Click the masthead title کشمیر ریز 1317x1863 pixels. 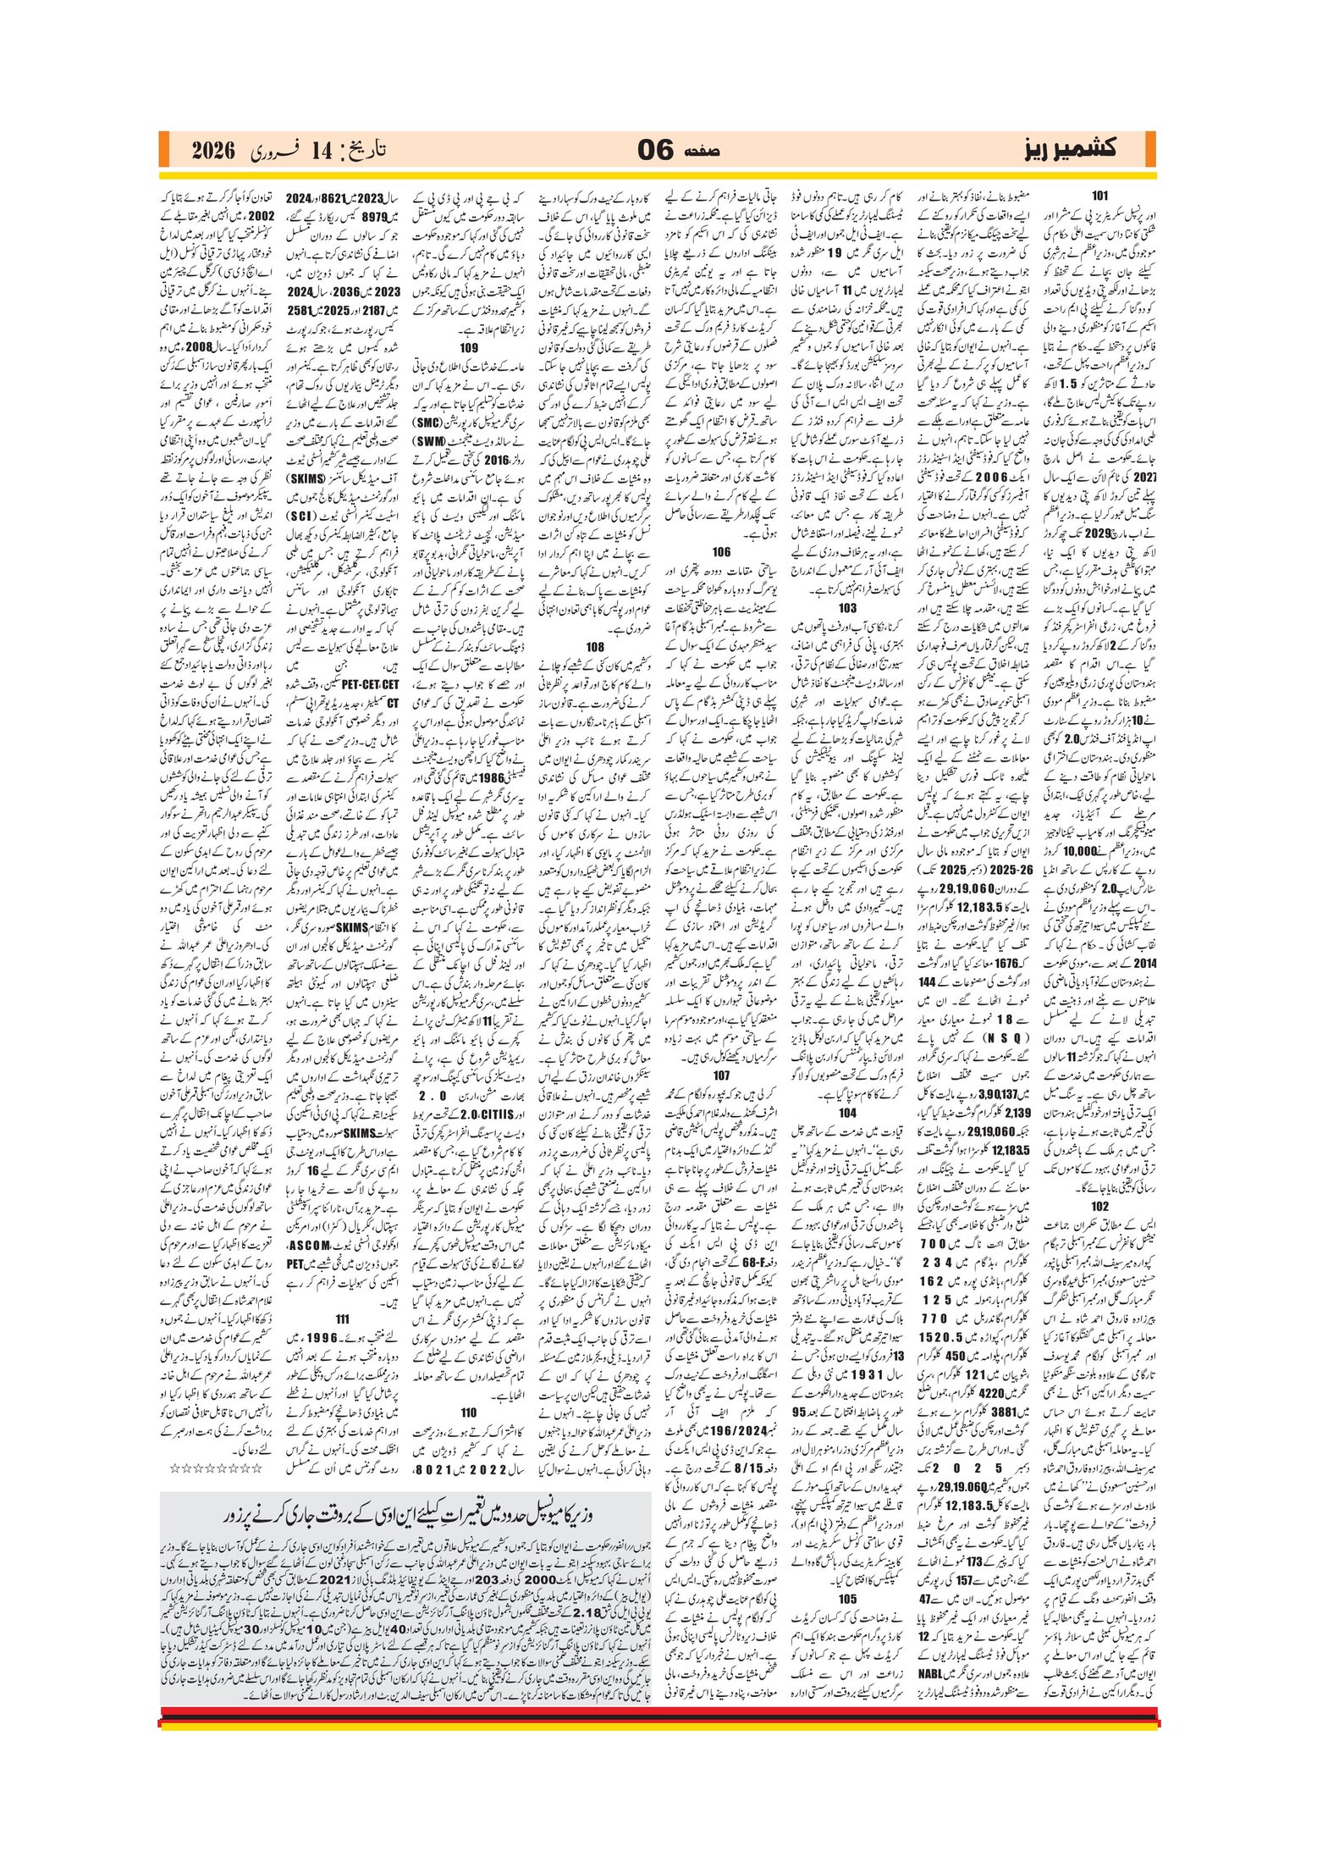pos(1070,149)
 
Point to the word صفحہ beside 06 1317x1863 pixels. pos(702,151)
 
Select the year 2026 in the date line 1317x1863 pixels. pos(212,151)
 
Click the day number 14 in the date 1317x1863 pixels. pos(322,152)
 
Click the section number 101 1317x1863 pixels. pos(1099,196)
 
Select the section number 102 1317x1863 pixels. pos(1099,1206)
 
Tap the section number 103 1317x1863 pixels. pos(847,607)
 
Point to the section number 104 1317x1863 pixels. pos(847,1113)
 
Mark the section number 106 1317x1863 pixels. pos(721,551)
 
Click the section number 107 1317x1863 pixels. pos(721,1075)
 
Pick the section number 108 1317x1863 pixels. pos(595,646)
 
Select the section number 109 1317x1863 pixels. pos(469,347)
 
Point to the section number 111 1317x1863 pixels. pos(343,1318)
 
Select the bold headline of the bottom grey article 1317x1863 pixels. pos(405,1514)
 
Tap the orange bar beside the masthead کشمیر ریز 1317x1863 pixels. pos(1149,150)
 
